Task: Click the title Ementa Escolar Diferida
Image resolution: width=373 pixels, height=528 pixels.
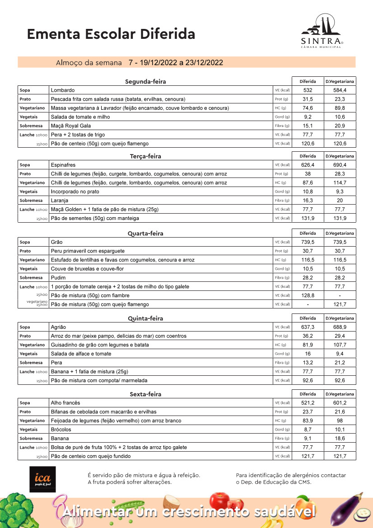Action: coord(111,34)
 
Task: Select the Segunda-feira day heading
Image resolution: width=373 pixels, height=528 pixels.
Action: coord(145,82)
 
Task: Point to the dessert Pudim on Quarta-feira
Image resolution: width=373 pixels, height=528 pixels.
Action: coord(58,278)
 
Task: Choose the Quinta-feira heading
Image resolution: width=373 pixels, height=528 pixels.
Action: coord(145,318)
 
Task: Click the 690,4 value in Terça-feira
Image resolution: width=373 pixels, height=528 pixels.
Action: coord(340,165)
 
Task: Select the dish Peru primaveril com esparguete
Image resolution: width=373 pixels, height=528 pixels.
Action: coord(88,251)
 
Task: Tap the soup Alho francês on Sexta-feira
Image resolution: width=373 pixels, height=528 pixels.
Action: coord(65,403)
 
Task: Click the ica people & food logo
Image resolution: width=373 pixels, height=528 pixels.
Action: coord(42,479)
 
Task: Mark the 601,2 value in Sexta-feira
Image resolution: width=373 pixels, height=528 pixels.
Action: coord(340,403)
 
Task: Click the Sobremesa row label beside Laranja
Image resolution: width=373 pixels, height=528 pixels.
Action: coord(31,201)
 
